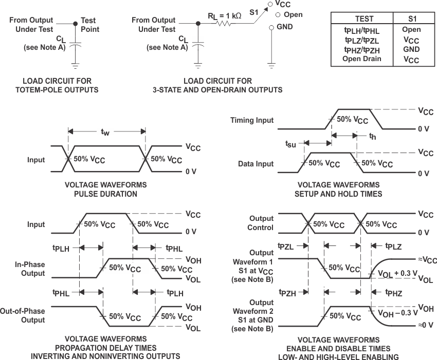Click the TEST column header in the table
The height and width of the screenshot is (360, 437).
[364, 19]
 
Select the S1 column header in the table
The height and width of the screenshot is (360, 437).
[411, 19]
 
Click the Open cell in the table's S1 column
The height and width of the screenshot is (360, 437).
[411, 30]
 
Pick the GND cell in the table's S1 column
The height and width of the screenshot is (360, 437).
[411, 49]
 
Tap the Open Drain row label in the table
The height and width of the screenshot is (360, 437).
[362, 59]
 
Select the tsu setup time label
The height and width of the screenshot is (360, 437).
[290, 144]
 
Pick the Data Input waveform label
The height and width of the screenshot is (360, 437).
[257, 164]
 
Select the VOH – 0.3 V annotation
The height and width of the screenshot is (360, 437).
[397, 313]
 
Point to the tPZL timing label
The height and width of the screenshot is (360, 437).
[286, 246]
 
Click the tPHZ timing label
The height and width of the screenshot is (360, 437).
[393, 293]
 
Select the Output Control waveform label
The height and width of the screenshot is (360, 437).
[261, 223]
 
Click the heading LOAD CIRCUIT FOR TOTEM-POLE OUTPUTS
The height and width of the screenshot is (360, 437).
[61, 86]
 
